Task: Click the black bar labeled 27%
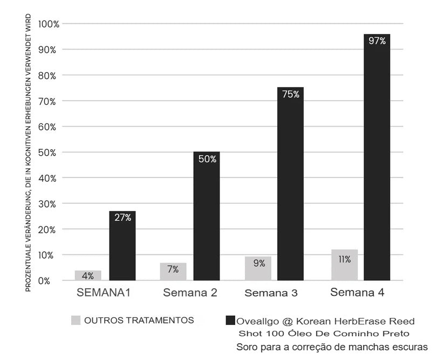[x=122, y=245]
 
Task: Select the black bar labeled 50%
[x=207, y=216]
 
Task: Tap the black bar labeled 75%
[x=290, y=183]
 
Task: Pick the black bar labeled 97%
[x=377, y=156]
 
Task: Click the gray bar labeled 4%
[x=88, y=275]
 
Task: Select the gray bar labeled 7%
[x=173, y=271]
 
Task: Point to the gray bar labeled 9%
[x=258, y=268]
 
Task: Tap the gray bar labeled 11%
[x=344, y=265]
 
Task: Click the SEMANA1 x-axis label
[x=104, y=293]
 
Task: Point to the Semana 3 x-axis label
[x=271, y=293]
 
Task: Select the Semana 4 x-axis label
[x=358, y=293]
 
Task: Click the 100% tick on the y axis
[x=49, y=24]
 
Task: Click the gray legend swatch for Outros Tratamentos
[x=76, y=320]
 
